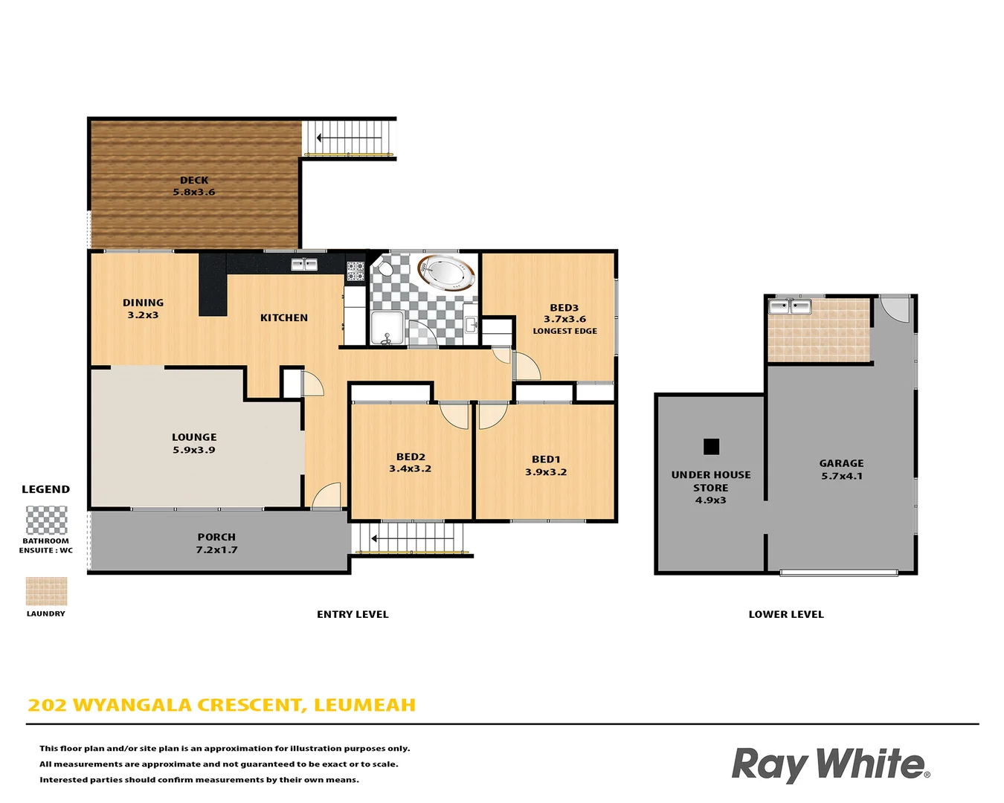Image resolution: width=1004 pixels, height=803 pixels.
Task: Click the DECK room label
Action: pyautogui.click(x=194, y=180)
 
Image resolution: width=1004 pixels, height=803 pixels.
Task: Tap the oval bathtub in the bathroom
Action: pyautogui.click(x=446, y=273)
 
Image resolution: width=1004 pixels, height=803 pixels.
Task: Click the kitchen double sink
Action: pyautogui.click(x=304, y=264)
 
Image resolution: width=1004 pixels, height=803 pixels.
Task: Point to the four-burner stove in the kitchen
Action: pyautogui.click(x=355, y=271)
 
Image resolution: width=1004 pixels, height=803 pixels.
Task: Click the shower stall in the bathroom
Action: pyautogui.click(x=387, y=329)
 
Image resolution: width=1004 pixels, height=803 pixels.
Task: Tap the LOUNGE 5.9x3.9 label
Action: pyautogui.click(x=194, y=443)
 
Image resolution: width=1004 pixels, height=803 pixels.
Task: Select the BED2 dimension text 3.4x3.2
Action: pyautogui.click(x=410, y=469)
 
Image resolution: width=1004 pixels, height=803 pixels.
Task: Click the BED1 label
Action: pyautogui.click(x=546, y=459)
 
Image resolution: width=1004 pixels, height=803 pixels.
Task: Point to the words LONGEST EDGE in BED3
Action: pyautogui.click(x=564, y=332)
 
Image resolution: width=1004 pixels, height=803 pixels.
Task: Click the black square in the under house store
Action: pyautogui.click(x=711, y=446)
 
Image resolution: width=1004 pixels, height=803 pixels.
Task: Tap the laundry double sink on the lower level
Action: pyautogui.click(x=789, y=306)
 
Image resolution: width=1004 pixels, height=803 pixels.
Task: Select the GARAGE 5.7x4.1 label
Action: pyautogui.click(x=841, y=469)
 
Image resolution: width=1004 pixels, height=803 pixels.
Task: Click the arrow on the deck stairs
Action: pyautogui.click(x=320, y=138)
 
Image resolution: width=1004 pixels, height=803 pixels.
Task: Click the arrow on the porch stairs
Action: pyautogui.click(x=375, y=538)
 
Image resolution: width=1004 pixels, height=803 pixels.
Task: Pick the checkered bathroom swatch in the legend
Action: pyautogui.click(x=46, y=520)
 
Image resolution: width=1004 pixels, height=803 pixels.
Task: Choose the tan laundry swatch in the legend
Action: pyautogui.click(x=46, y=592)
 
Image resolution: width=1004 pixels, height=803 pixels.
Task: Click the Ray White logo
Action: pyautogui.click(x=830, y=764)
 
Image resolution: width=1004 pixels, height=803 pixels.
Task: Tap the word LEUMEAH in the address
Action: pyautogui.click(x=364, y=705)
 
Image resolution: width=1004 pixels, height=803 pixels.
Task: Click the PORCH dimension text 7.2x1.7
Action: pyautogui.click(x=216, y=550)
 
